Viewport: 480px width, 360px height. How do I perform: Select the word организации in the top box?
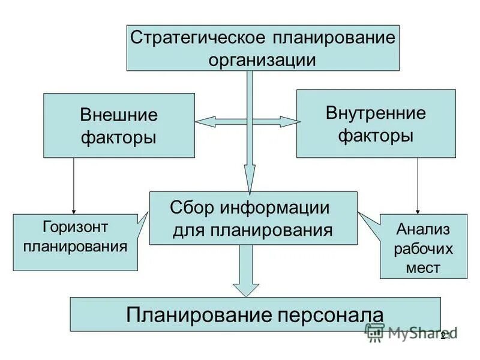coord(262,59)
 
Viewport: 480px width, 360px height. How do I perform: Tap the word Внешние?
coord(119,115)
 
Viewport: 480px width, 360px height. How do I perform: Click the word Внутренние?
coord(376,113)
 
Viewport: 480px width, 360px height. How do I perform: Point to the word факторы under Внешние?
coord(119,137)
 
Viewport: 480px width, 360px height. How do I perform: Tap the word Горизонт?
coord(75,227)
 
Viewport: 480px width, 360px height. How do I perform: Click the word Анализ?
coord(422,229)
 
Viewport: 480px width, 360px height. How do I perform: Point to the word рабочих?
coord(423,248)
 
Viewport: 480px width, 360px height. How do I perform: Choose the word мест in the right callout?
coord(423,268)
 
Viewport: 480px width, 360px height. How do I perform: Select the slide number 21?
coord(445,335)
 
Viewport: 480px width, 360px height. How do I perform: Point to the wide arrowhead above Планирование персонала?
coord(245,287)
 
